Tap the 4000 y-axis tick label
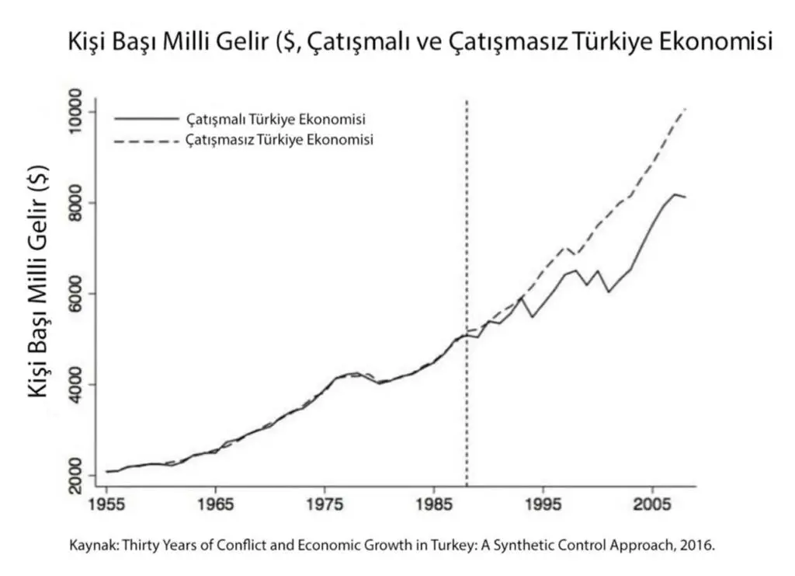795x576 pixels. coord(81,384)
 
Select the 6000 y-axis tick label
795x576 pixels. coord(81,294)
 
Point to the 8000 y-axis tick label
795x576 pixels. coord(81,203)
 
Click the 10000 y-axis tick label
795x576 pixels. coord(81,113)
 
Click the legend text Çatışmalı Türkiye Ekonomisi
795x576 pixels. coord(276,120)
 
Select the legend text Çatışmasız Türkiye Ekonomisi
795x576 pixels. coord(279,141)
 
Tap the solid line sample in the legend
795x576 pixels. coord(145,119)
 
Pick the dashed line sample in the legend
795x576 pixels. coord(145,141)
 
